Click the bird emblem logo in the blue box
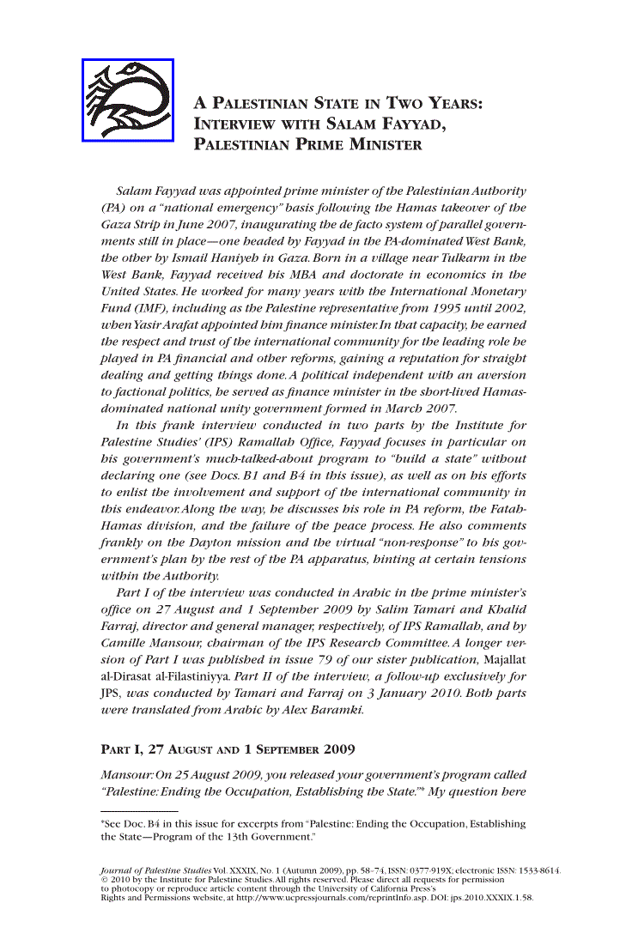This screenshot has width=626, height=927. point(128,100)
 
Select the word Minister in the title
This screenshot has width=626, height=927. point(385,144)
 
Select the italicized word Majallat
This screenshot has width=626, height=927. point(503,658)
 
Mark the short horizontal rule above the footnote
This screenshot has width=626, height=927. point(139,811)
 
